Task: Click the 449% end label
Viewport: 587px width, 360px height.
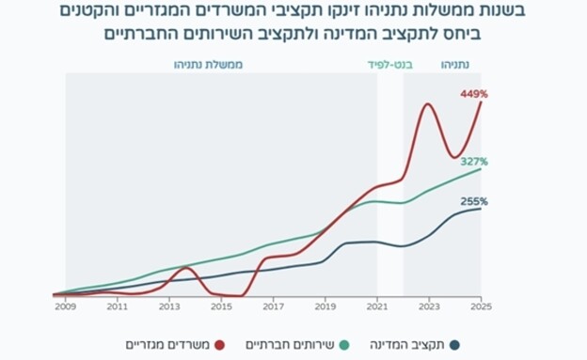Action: (x=473, y=95)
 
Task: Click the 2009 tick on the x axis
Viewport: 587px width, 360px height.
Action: (x=65, y=306)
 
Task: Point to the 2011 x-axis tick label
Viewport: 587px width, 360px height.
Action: (x=118, y=306)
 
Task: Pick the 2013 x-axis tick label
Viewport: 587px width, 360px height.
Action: (x=169, y=306)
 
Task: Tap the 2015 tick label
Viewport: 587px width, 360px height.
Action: (x=221, y=306)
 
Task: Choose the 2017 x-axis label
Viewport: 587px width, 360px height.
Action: (x=273, y=306)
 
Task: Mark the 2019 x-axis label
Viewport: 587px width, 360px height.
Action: (x=325, y=306)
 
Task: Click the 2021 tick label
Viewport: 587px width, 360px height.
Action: (x=377, y=306)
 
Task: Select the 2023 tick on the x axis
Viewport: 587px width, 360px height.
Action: (x=429, y=306)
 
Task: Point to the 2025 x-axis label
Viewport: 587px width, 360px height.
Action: (x=482, y=306)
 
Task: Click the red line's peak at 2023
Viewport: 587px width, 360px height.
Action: (x=428, y=103)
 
